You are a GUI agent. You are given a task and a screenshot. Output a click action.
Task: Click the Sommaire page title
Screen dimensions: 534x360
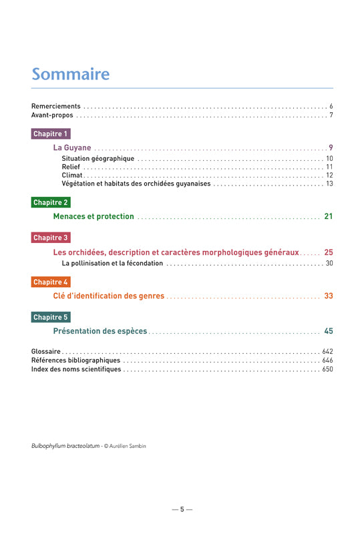(71, 73)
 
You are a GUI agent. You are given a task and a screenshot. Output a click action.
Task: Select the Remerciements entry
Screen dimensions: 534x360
(56, 106)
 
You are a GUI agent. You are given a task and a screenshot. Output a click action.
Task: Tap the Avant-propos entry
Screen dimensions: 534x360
(52, 115)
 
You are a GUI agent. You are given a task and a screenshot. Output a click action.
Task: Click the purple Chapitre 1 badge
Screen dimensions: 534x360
(51, 134)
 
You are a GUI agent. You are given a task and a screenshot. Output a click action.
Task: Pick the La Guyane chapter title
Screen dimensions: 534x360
(72, 148)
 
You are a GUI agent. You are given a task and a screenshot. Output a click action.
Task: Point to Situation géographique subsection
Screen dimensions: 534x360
(98, 158)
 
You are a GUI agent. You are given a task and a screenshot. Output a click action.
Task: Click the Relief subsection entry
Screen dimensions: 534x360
(71, 167)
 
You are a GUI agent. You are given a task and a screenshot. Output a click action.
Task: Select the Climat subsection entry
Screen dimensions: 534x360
(72, 175)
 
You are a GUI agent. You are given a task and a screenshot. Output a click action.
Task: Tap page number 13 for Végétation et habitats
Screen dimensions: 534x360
(329, 184)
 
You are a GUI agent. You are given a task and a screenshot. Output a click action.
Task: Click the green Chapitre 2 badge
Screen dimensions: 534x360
(51, 202)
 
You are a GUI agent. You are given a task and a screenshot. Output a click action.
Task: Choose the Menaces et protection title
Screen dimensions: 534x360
(94, 216)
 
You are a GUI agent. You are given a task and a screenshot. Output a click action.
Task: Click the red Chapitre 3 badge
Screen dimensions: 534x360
(51, 238)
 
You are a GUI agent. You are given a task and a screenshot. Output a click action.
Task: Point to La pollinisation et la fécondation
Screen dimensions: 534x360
(112, 263)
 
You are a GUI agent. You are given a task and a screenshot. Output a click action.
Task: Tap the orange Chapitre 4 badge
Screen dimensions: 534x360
(51, 282)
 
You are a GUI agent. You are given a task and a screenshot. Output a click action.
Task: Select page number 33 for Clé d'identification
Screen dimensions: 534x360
(328, 296)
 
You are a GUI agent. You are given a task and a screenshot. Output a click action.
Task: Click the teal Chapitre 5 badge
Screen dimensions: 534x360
(51, 317)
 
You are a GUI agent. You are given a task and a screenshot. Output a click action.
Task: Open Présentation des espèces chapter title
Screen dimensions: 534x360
(100, 331)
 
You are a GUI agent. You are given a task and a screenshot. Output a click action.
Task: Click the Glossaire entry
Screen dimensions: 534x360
(46, 351)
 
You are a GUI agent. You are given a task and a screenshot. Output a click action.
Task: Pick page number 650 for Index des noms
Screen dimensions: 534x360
(327, 369)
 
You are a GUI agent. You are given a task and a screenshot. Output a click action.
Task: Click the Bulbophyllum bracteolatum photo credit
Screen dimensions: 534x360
(89, 445)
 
